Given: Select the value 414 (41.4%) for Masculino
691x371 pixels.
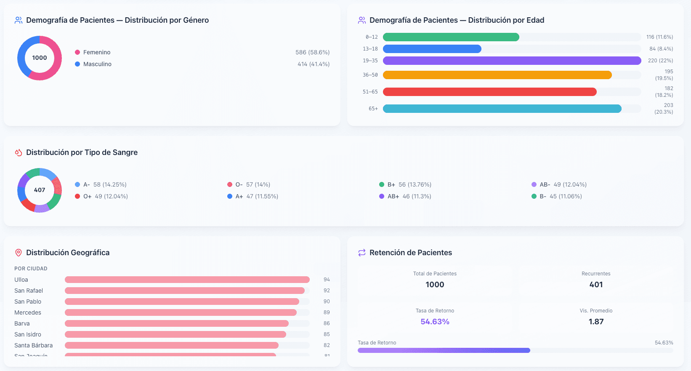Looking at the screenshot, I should point(313,64).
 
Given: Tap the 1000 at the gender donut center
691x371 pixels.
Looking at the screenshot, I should point(40,58).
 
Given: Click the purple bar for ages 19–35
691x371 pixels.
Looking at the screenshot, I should point(512,61).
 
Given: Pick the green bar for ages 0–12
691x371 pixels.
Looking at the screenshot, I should point(451,37).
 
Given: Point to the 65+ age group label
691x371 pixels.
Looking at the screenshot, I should point(373,109).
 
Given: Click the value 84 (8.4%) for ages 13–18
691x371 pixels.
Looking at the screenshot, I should point(661,49).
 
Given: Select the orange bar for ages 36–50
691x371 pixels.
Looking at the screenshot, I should point(497,75).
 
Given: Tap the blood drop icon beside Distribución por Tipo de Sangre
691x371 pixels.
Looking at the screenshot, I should point(19,152).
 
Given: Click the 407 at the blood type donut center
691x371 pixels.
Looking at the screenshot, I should point(40,190).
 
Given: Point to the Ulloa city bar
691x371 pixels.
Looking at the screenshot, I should point(187,280).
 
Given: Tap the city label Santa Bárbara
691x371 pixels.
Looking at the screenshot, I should point(34,345).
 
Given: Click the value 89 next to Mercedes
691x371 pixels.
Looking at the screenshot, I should point(327,312).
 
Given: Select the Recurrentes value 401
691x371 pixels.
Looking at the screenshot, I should point(596,285).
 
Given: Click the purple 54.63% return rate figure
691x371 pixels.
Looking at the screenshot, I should point(435,322).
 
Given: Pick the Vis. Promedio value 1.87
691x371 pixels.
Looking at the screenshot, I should point(596,322).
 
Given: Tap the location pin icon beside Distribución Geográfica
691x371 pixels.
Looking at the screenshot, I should point(19,253).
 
